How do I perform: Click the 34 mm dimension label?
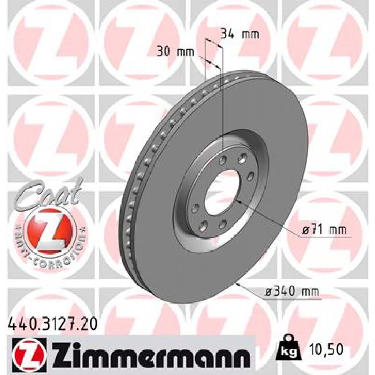click(x=240, y=34)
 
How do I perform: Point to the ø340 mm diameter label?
click(x=292, y=292)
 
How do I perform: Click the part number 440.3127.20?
click(x=52, y=324)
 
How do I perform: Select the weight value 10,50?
click(x=325, y=350)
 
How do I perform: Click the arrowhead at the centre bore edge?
click(x=238, y=200)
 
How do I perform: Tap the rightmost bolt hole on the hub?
click(x=251, y=177)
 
